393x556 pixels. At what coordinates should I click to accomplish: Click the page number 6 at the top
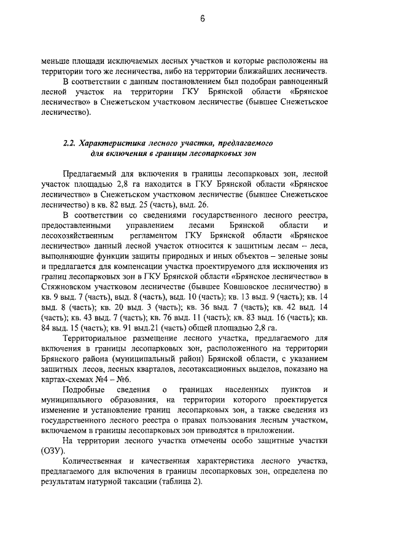click(201, 19)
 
